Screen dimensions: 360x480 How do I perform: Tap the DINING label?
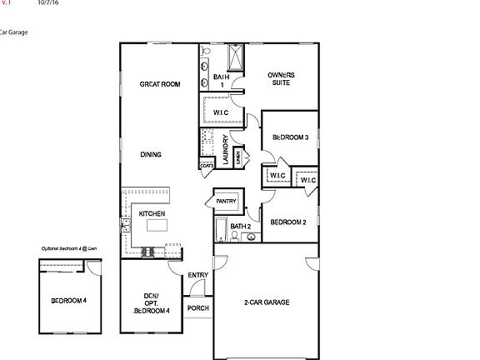[x=151, y=154]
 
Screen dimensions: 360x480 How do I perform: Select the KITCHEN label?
[x=152, y=214]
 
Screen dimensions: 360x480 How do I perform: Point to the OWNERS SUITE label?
[x=281, y=79]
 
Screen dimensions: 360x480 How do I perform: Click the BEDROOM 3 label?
[x=291, y=137]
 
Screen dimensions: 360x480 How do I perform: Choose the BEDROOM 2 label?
[x=288, y=222]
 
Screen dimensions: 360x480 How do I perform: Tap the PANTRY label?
[x=227, y=201]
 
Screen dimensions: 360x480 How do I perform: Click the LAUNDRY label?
[x=226, y=150]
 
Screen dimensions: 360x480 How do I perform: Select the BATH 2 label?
[x=241, y=226]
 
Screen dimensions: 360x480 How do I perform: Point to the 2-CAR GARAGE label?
[x=267, y=302]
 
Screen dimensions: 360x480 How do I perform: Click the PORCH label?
[x=198, y=307]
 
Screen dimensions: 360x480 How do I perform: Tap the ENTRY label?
[x=198, y=276]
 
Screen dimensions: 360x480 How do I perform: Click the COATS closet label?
[x=207, y=165]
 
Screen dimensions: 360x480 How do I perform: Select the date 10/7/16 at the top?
[x=48, y=3]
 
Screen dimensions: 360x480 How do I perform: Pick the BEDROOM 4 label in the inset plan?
[x=68, y=300]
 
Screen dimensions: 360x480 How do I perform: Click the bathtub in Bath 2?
[x=219, y=229]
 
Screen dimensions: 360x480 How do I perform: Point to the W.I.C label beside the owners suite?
[x=221, y=112]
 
